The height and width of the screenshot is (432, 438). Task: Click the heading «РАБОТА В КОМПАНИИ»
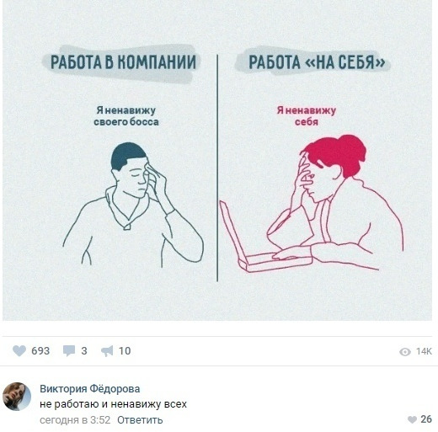(x=123, y=62)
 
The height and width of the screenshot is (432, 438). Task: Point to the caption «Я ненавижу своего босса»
(x=126, y=115)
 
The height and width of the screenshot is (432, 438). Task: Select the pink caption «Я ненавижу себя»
(x=307, y=115)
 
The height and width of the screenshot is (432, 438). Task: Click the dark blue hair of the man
(x=128, y=154)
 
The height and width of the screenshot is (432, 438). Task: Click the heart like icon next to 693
(x=20, y=351)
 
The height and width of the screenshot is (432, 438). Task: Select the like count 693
(x=40, y=351)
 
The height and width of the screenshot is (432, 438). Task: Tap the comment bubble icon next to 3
(x=69, y=351)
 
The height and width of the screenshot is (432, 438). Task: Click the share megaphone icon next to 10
(x=107, y=351)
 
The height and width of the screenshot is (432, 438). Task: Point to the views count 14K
(x=424, y=351)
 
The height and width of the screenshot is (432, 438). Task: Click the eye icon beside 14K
(x=405, y=351)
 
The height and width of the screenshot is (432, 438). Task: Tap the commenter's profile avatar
(x=17, y=396)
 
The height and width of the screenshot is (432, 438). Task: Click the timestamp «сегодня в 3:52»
(x=74, y=419)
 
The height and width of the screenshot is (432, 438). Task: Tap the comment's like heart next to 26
(x=411, y=419)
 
